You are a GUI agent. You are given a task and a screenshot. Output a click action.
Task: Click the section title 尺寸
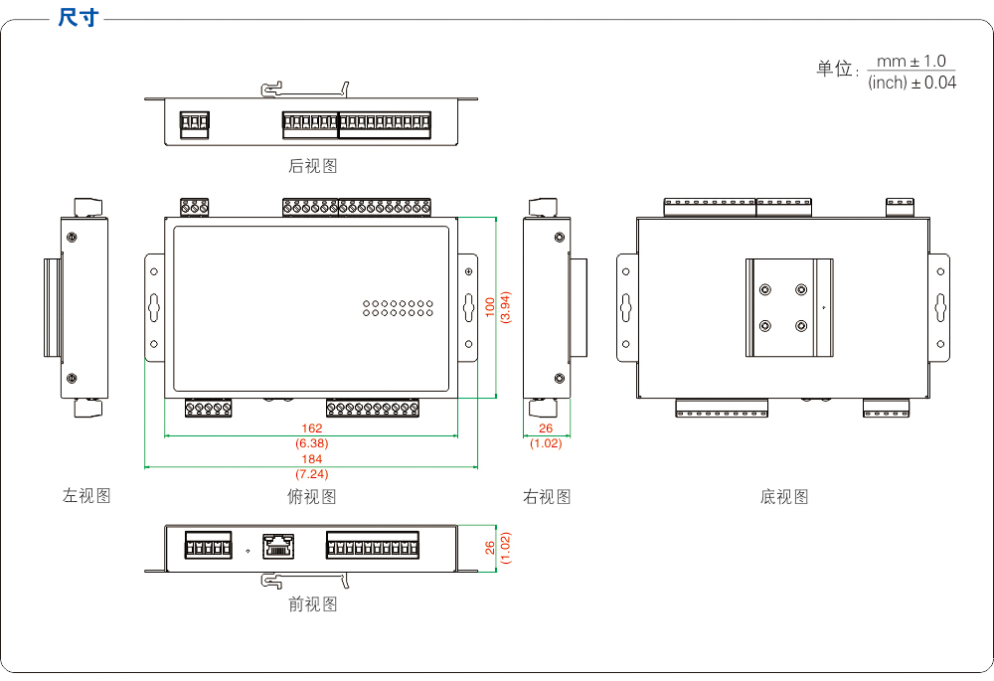tap(78, 18)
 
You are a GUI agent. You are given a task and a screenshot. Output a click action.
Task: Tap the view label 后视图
tap(313, 166)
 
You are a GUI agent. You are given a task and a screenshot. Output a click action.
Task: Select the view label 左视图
tap(86, 496)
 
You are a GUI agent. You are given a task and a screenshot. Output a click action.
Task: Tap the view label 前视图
tap(313, 604)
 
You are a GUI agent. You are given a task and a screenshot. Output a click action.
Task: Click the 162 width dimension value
tap(312, 428)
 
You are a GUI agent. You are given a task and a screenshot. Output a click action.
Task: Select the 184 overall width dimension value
tap(312, 459)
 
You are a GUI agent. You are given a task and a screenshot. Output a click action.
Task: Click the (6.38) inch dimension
tap(312, 442)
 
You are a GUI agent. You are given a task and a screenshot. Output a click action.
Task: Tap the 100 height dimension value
tap(490, 306)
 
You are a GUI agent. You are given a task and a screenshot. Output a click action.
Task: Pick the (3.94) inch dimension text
tap(505, 306)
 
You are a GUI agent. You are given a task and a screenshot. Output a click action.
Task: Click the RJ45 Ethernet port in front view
tap(279, 546)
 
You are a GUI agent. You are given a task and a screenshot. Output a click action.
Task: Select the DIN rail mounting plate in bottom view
tap(790, 307)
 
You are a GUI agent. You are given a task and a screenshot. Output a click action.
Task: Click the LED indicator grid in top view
tap(397, 307)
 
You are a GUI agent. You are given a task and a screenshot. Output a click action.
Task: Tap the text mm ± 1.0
tap(911, 62)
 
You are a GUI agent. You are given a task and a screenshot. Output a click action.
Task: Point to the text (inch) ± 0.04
tap(911, 84)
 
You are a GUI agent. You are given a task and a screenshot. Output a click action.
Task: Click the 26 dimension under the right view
tap(546, 428)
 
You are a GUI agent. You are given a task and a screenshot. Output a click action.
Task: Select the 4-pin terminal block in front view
tap(207, 546)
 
